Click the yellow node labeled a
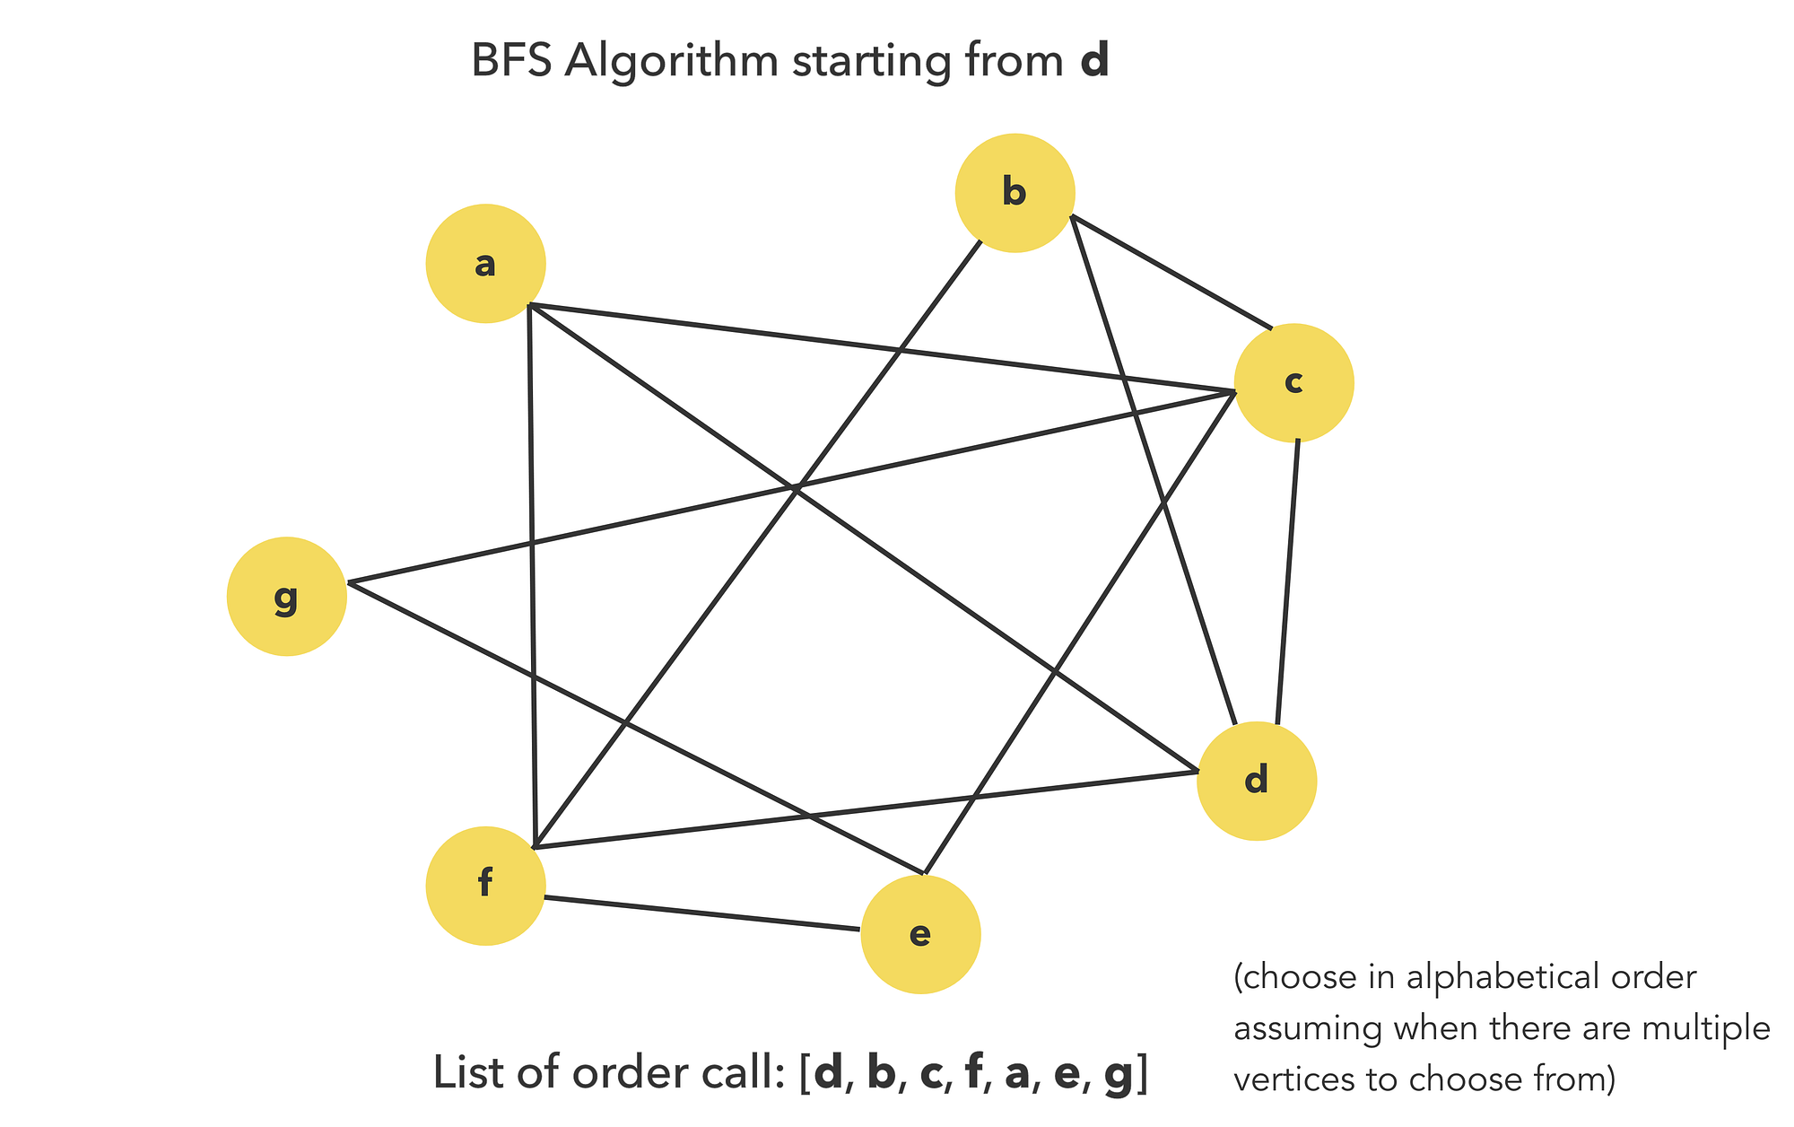coord(485,264)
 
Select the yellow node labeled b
coord(1015,193)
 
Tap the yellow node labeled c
coord(1293,382)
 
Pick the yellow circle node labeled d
coord(1257,781)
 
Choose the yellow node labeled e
coord(920,934)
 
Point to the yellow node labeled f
coord(485,885)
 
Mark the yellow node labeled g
coord(286,597)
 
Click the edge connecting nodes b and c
coord(1172,272)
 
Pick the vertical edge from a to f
coord(532,574)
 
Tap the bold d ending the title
coord(1094,63)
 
